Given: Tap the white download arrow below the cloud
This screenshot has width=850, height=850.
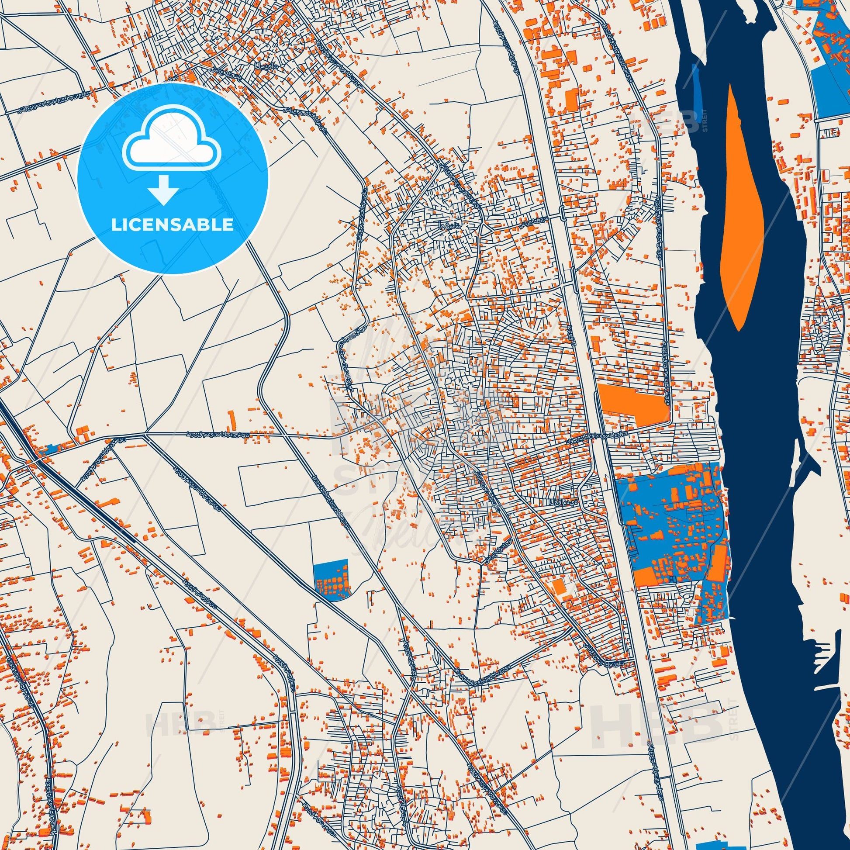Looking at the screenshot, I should pyautogui.click(x=164, y=190).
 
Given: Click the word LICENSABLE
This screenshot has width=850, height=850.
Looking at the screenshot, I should pyautogui.click(x=173, y=225).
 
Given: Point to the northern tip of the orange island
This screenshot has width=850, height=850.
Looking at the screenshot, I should pyautogui.click(x=730, y=86).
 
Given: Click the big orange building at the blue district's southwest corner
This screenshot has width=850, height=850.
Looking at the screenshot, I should pyautogui.click(x=645, y=577).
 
